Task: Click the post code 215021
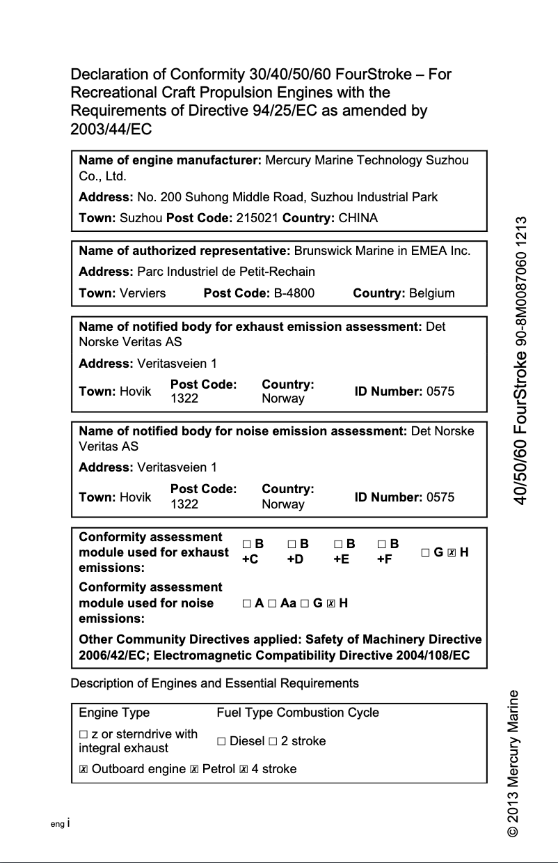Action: pos(258,218)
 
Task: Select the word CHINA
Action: pos(358,218)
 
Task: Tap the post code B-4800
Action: pos(294,293)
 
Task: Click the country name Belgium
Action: pos(432,293)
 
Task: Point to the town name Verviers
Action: pos(143,293)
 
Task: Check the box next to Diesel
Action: pos(221,742)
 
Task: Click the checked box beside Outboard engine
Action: pos(83,770)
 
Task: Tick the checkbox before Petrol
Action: pos(194,770)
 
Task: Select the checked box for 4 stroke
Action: pos(244,770)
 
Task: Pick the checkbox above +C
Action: pos(247,544)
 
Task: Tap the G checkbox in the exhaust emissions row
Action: pos(426,553)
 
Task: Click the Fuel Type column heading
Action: pos(245,713)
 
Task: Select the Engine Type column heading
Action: pos(114,713)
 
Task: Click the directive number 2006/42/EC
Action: pos(113,655)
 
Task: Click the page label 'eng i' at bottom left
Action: pos(61,823)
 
